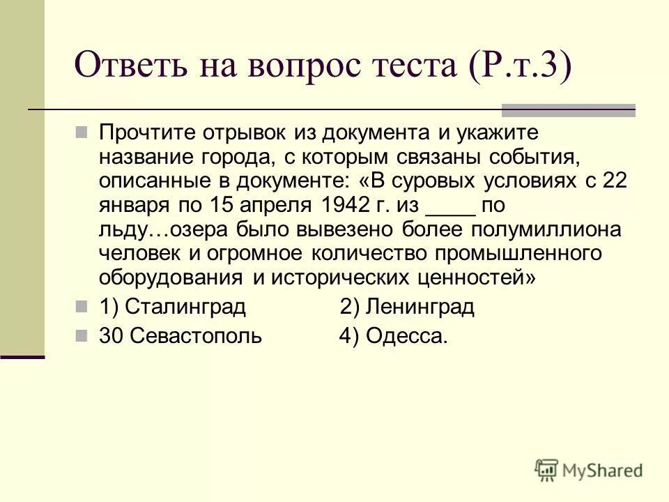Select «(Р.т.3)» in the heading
pos(519,67)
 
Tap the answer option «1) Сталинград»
pos(172,307)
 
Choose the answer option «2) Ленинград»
pos(407,307)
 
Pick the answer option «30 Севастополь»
pos(180,336)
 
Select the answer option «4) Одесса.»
pos(393,336)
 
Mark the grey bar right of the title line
pos(569,109)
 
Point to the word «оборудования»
pos(169,278)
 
